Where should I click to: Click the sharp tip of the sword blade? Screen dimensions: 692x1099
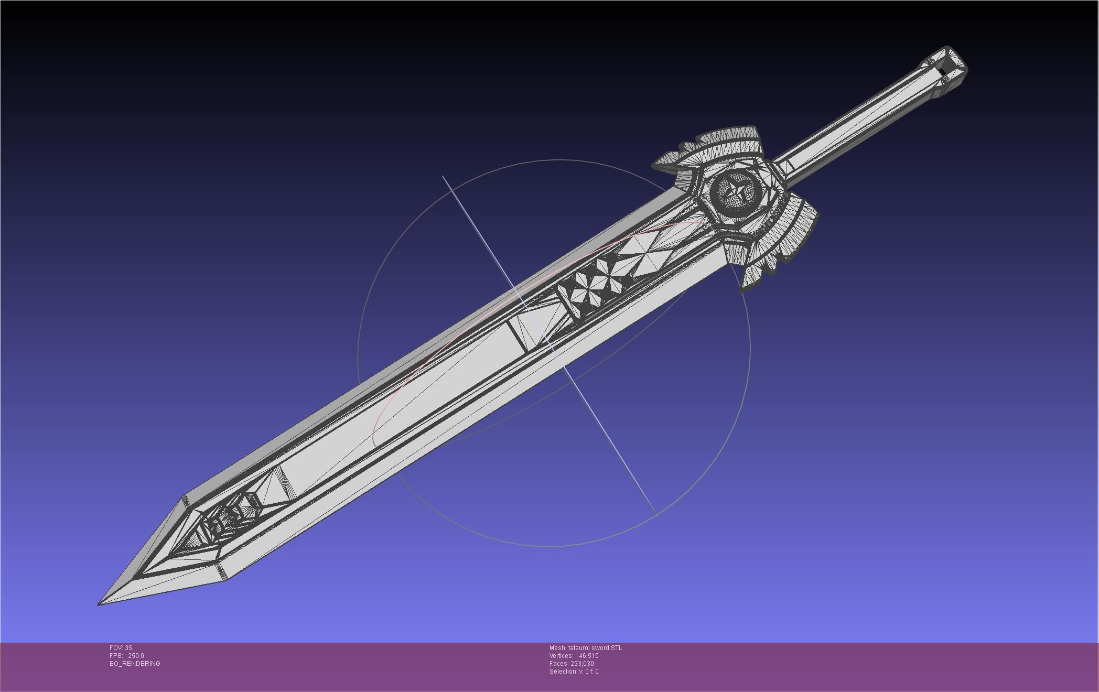(100, 604)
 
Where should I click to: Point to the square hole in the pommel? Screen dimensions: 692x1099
(942, 72)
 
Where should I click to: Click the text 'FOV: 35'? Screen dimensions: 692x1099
(121, 648)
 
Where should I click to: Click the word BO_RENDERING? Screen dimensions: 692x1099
(135, 664)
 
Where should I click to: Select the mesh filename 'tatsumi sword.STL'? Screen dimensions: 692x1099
(595, 648)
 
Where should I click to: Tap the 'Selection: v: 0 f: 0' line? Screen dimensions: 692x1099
(574, 672)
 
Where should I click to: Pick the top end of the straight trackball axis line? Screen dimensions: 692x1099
(443, 177)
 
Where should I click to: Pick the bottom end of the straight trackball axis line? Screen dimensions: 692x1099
(655, 514)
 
